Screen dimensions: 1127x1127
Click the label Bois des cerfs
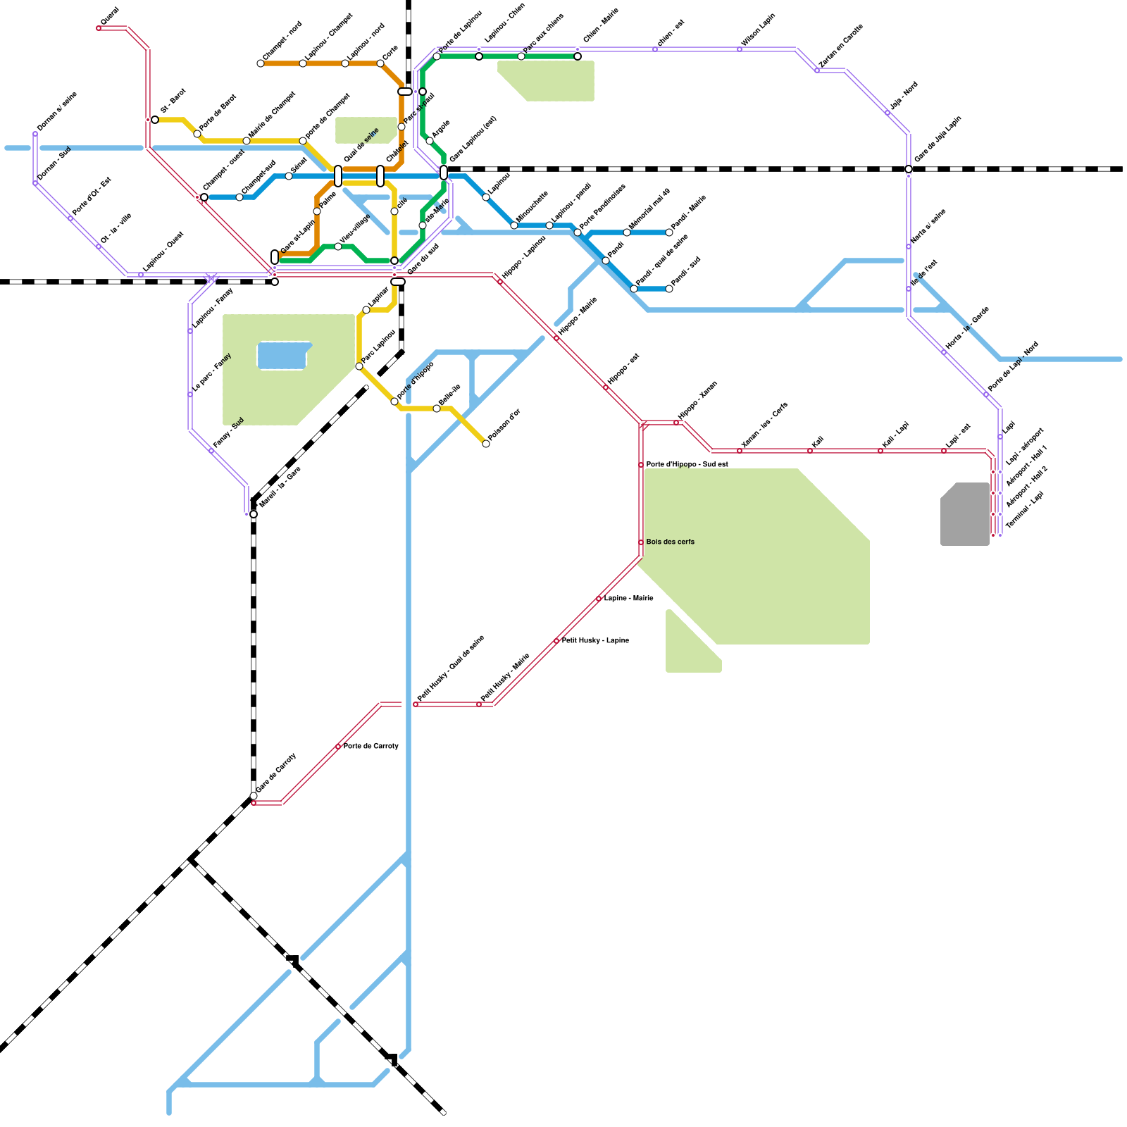(x=670, y=542)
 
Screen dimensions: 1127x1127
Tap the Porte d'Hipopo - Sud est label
(x=687, y=464)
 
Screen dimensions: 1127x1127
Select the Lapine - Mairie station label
(x=628, y=598)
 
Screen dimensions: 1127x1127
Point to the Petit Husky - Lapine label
(x=595, y=640)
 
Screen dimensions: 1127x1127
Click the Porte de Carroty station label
(x=371, y=746)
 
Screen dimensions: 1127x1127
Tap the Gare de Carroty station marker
(x=254, y=796)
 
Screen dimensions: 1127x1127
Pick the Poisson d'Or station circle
(x=486, y=444)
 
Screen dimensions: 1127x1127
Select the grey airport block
(x=965, y=514)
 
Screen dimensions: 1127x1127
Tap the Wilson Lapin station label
(x=758, y=30)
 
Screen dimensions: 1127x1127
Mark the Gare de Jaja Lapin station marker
(x=909, y=169)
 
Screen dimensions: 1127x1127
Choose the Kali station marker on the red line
(x=810, y=451)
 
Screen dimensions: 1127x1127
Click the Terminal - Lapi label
(x=1024, y=510)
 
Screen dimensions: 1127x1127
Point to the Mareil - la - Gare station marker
(x=254, y=514)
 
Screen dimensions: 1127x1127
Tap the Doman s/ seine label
(x=56, y=111)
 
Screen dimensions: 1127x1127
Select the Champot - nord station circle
(x=261, y=63)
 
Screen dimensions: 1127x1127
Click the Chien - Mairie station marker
(x=578, y=56)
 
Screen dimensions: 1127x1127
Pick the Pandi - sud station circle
(x=669, y=289)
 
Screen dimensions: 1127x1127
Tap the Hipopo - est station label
(x=623, y=368)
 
